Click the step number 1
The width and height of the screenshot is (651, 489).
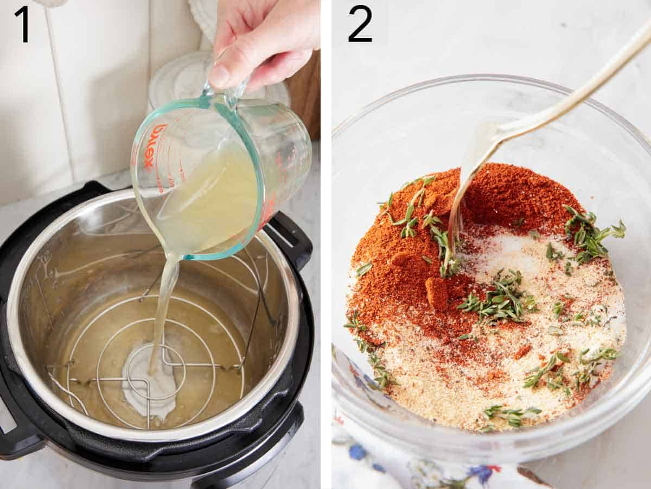(x=22, y=24)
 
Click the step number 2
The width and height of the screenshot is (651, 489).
(x=360, y=24)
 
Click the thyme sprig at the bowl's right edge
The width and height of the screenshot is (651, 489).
(x=594, y=234)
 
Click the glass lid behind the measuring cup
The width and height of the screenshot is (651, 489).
(x=179, y=76)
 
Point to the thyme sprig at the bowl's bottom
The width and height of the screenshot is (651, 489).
(x=510, y=416)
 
